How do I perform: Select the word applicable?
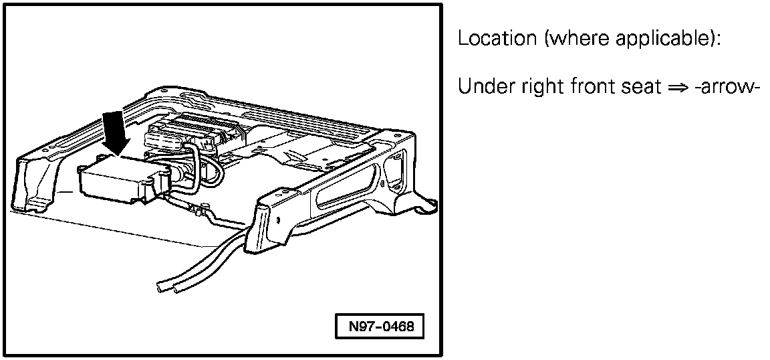point(676,39)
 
